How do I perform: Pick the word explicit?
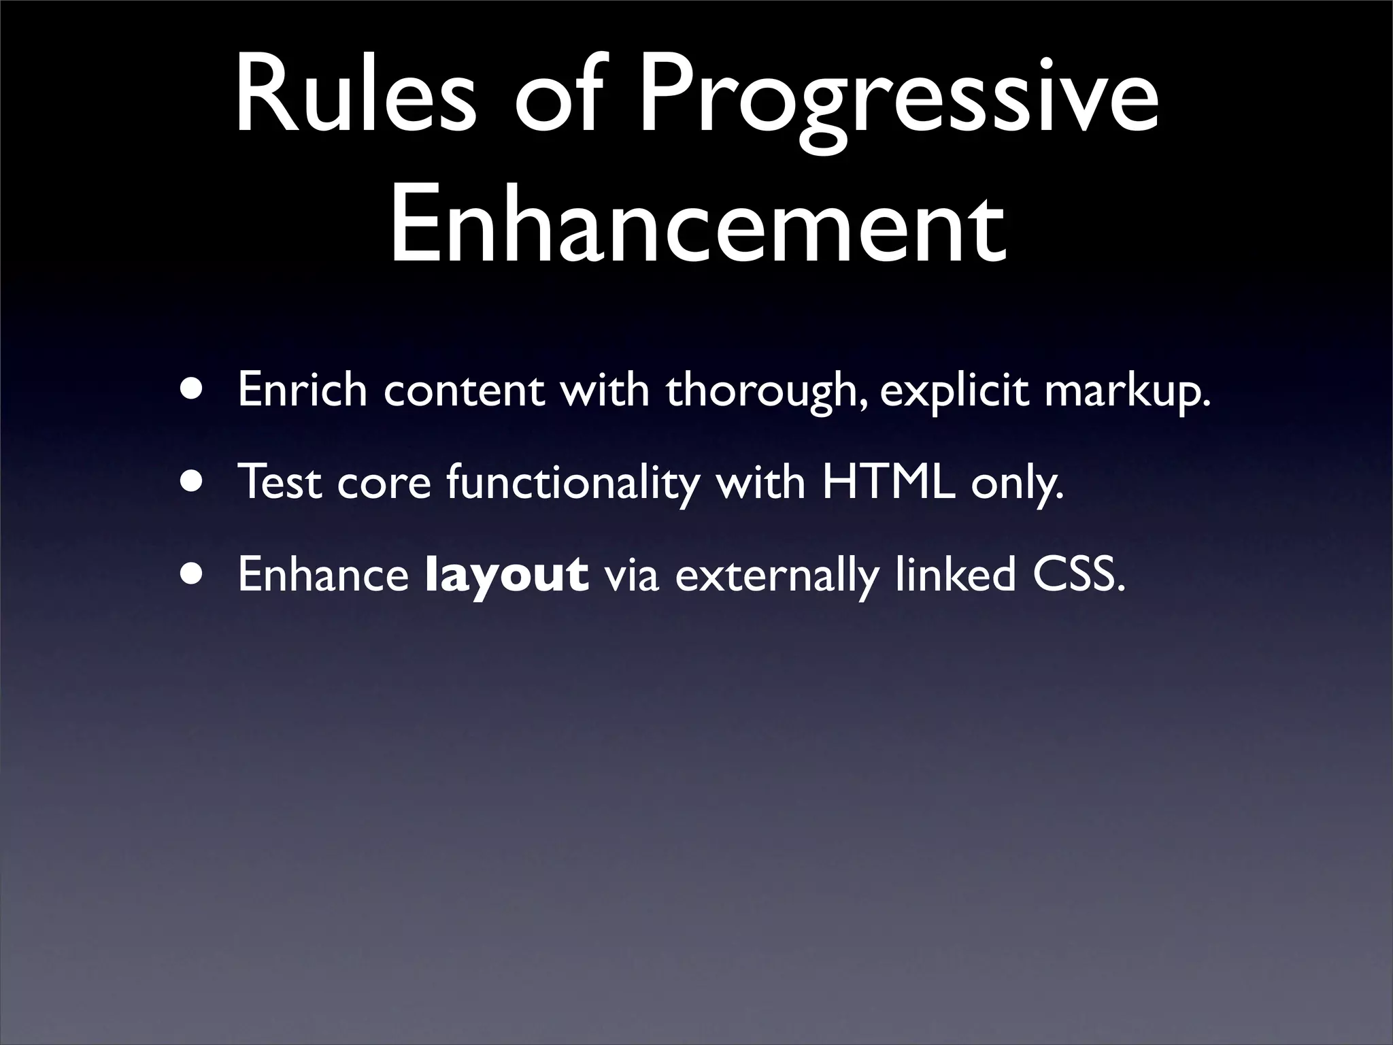pos(954,391)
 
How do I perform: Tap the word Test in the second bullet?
pos(280,482)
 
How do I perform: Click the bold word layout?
pos(506,575)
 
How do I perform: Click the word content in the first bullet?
pos(463,391)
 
